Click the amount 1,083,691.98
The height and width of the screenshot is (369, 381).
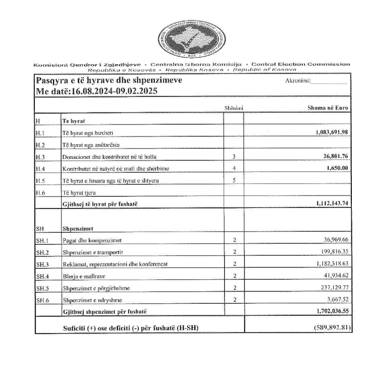tap(332, 131)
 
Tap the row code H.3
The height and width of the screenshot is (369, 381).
tap(41, 156)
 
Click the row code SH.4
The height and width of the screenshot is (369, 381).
tap(42, 276)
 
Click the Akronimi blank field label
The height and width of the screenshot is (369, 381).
tap(298, 82)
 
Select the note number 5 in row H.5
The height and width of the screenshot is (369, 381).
tap(234, 180)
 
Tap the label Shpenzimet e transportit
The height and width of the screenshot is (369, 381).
tap(94, 252)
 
